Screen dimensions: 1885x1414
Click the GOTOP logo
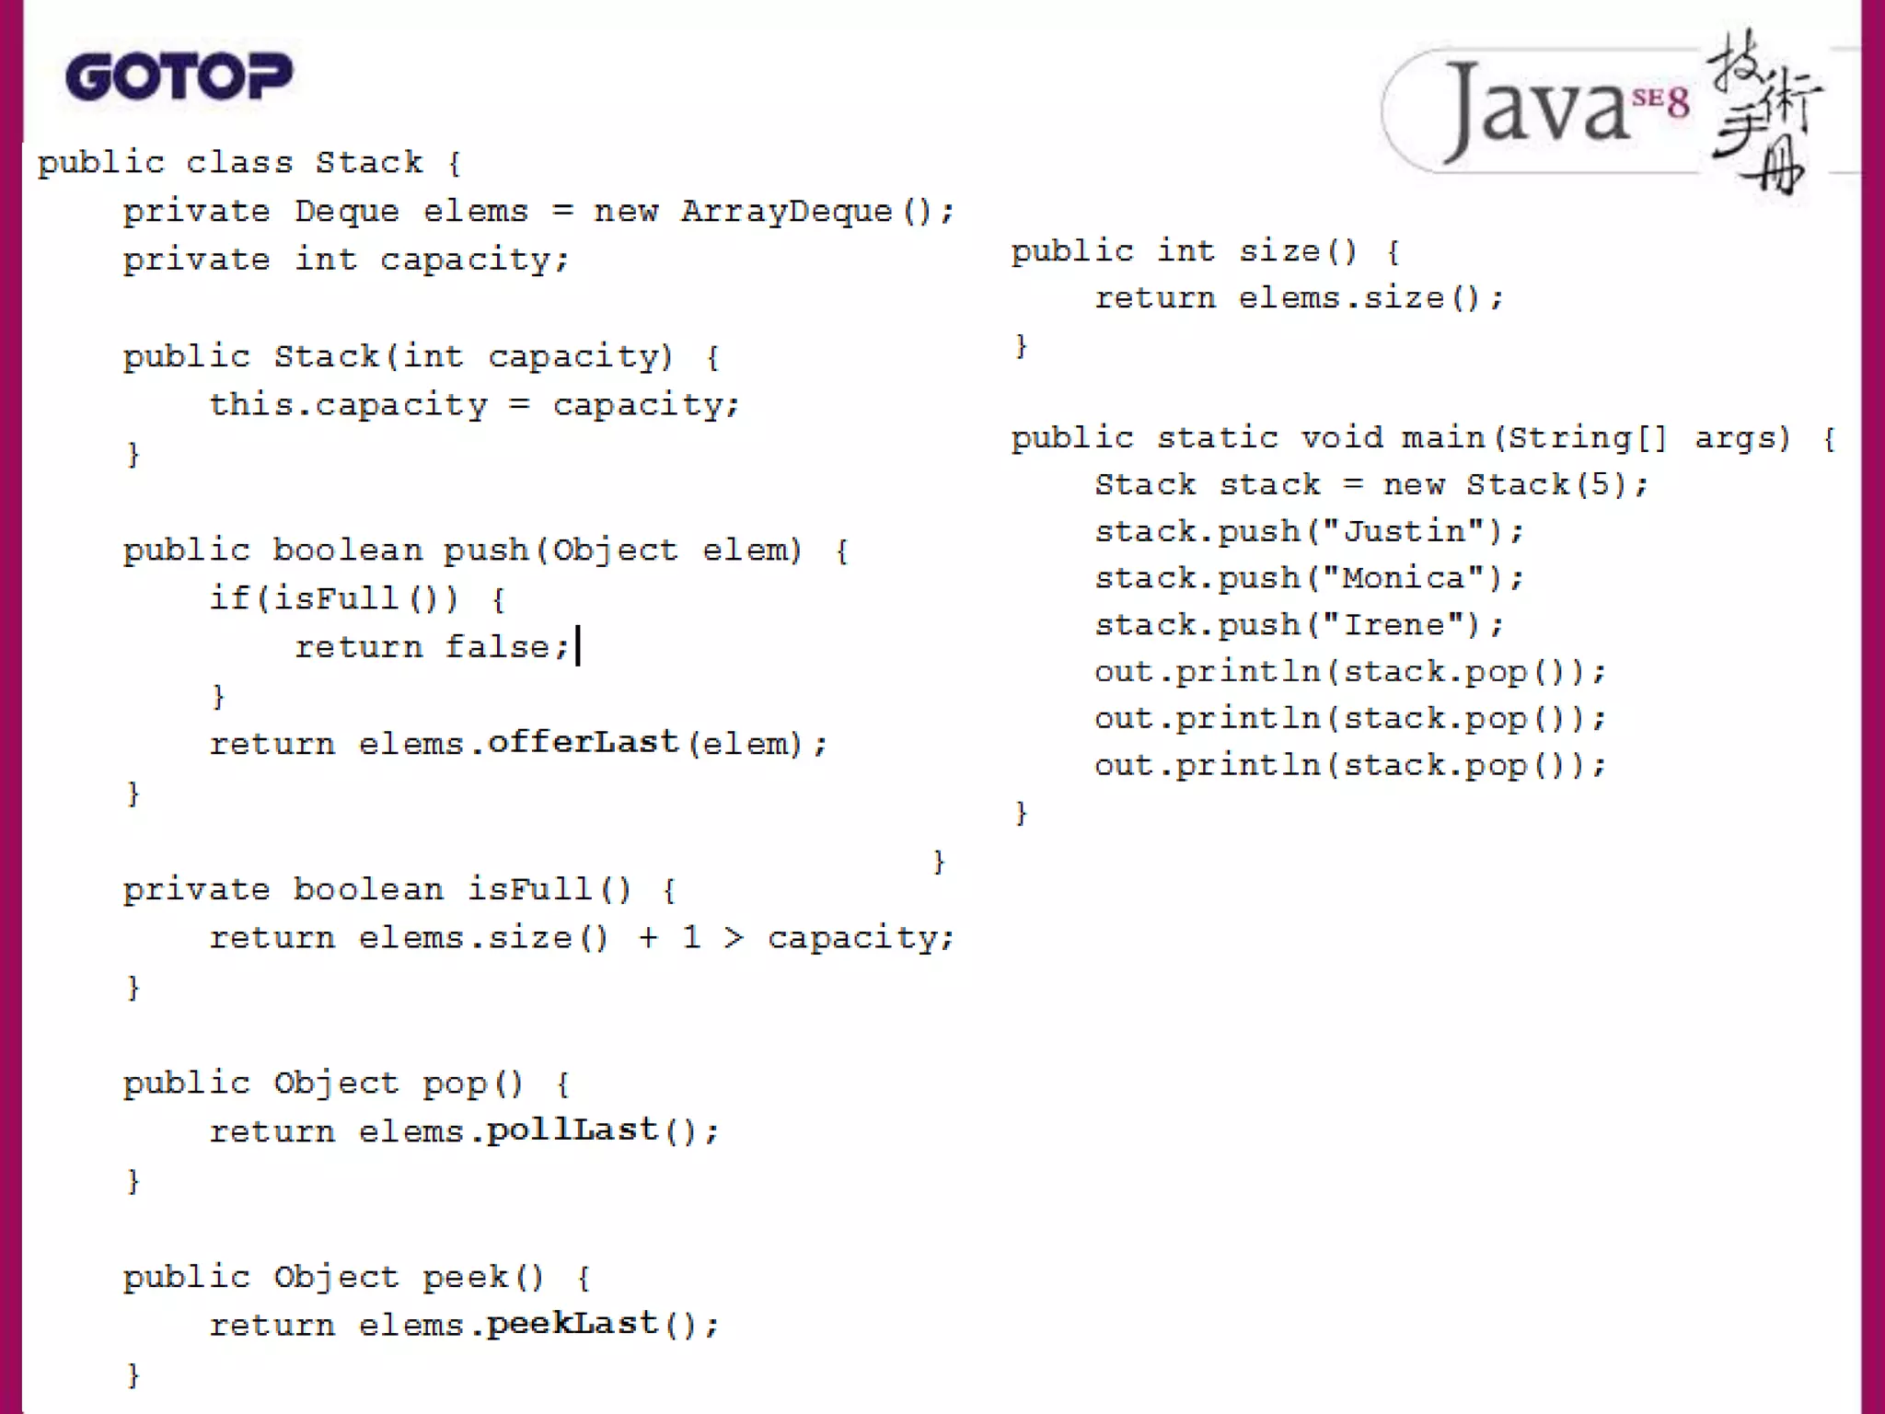[x=179, y=76]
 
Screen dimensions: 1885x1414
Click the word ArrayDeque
[x=786, y=212]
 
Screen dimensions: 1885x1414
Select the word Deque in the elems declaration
[x=347, y=212]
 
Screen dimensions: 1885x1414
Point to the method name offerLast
[x=583, y=742]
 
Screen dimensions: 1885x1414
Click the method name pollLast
[x=572, y=1130]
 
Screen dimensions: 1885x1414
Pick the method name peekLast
[x=572, y=1323]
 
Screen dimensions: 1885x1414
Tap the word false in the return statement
[x=498, y=646]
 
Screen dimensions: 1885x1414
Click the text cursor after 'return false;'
[x=578, y=646]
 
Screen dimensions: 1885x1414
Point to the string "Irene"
[x=1394, y=625]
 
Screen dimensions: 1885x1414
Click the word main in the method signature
[x=1442, y=437]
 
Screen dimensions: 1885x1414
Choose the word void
[x=1341, y=437]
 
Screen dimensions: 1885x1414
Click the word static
[x=1217, y=437]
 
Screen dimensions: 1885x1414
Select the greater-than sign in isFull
[x=734, y=937]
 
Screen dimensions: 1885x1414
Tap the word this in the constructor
[x=251, y=404]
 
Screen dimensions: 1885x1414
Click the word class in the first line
[x=239, y=163]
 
